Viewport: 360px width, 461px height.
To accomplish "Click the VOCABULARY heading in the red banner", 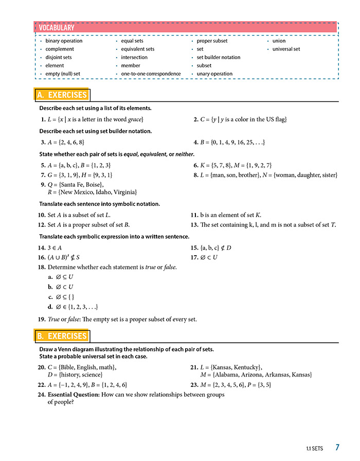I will [57, 28].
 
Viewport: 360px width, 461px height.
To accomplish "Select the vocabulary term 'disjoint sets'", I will [59, 57].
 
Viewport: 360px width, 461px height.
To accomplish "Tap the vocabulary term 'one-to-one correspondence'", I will [151, 74].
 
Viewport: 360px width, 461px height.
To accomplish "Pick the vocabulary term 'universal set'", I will [286, 49].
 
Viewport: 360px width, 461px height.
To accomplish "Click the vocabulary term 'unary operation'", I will [214, 74].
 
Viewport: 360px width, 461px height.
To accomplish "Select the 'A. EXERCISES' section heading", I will [62, 95].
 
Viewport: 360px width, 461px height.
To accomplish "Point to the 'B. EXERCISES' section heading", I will [62, 336].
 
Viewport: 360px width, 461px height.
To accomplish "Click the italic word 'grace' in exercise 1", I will [135, 119].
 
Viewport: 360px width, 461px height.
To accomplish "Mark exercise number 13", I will [194, 225].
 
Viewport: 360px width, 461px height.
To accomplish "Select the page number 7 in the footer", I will [337, 448].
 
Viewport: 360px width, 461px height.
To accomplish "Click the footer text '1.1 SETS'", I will [314, 449].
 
